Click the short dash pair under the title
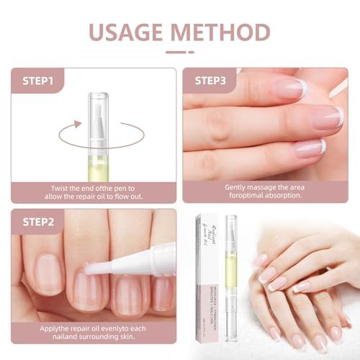pos(179,51)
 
